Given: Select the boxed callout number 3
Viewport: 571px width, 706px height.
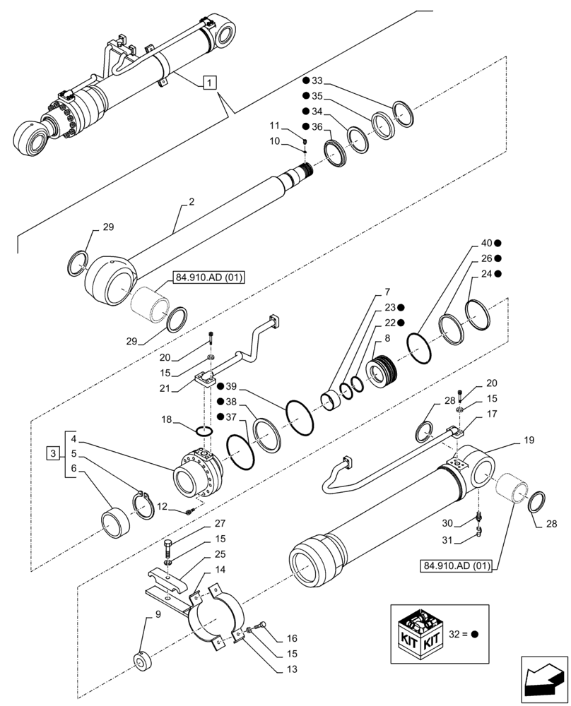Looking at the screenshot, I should tap(54, 452).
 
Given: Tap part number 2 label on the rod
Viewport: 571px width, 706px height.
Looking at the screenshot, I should tap(191, 202).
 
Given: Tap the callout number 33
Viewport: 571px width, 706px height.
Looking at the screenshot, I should tap(317, 80).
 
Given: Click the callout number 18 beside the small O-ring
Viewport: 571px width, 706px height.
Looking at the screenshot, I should tap(166, 419).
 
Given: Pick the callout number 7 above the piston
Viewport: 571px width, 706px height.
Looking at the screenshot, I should tap(387, 292).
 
